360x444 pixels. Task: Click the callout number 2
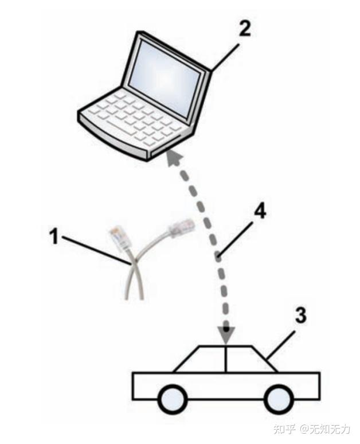(x=245, y=28)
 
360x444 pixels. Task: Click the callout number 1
(x=54, y=236)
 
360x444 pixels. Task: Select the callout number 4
(x=260, y=212)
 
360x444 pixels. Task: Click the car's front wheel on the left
(x=173, y=400)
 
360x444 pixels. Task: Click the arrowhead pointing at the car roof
(x=226, y=337)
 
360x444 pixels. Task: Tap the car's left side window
(x=203, y=359)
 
